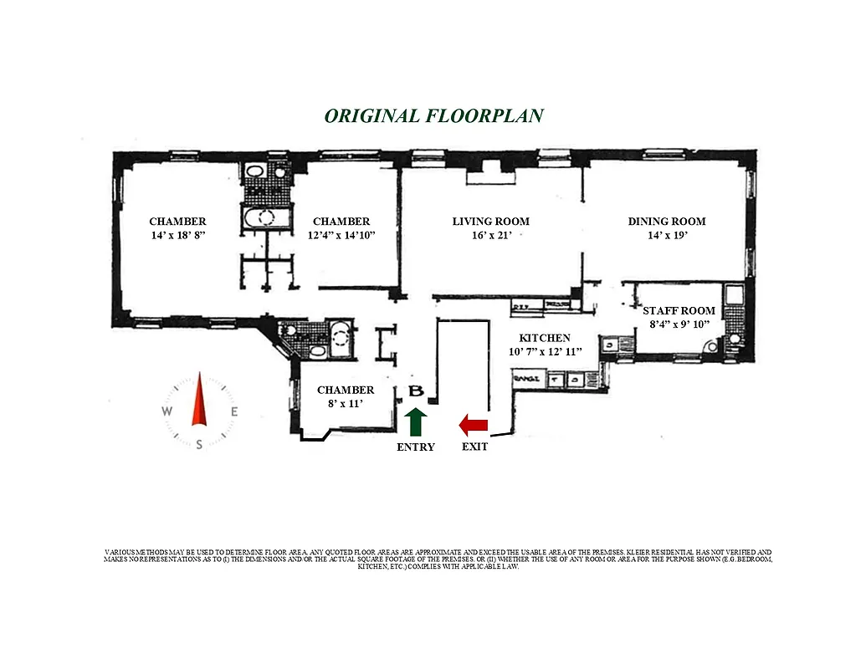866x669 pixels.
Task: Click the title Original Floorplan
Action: tap(433, 115)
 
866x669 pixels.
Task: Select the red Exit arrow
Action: tap(473, 426)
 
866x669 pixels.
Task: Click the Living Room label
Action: tap(490, 222)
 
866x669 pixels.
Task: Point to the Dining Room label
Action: tap(666, 222)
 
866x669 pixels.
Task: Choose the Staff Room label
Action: tap(679, 311)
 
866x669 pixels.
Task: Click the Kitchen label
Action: tap(545, 338)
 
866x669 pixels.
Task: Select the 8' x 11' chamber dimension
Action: tap(346, 404)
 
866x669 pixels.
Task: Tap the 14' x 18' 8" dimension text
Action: tap(177, 236)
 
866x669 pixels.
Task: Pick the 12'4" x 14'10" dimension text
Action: tap(341, 236)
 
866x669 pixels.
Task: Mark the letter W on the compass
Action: tap(167, 411)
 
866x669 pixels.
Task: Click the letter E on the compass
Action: tap(234, 411)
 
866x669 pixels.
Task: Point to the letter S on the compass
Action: tap(199, 445)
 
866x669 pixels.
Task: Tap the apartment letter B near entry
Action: tap(415, 391)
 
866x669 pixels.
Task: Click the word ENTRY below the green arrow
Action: tap(415, 447)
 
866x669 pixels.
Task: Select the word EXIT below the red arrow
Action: tap(474, 447)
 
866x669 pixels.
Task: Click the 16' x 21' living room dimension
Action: tap(490, 236)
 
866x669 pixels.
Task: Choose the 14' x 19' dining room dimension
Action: tap(666, 236)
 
